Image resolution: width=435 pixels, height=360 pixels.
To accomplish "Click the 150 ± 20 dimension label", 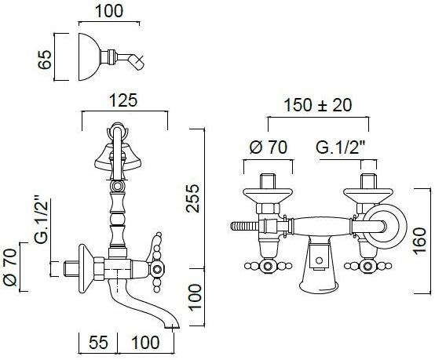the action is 318,105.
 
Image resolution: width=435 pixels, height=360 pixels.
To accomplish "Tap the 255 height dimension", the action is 193,198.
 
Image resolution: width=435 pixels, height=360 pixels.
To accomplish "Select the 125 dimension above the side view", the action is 123,100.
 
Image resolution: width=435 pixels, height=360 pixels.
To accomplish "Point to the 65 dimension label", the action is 45,60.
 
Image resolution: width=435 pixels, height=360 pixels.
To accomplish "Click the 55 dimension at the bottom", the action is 98,342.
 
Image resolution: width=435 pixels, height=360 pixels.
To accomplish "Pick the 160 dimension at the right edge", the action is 419,240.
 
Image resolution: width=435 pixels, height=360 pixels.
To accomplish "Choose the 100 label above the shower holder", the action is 108,11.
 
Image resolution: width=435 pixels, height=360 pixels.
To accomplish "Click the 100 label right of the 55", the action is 145,342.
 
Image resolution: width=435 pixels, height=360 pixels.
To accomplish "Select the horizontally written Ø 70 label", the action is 269,147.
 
